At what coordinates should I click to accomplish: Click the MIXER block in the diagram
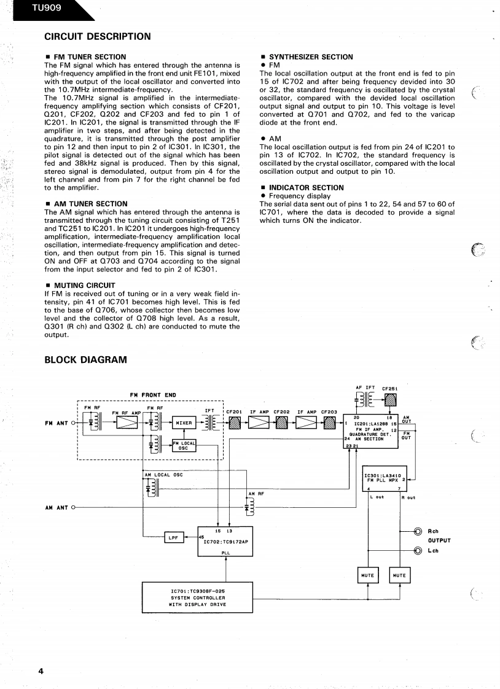(184, 423)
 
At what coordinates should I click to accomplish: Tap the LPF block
(173, 537)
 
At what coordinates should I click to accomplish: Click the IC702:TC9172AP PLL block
(225, 541)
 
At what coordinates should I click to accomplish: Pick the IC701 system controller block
(197, 597)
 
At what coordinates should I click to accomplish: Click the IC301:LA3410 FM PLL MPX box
(385, 479)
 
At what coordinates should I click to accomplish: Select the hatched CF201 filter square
(234, 423)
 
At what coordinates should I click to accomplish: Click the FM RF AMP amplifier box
(127, 423)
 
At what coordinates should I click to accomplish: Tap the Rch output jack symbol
(418, 532)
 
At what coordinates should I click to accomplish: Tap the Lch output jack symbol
(418, 550)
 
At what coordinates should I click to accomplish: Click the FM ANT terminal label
(57, 423)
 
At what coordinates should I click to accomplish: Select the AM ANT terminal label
(57, 508)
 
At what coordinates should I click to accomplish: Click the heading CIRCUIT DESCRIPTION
(98, 36)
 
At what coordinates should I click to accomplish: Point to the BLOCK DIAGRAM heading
(86, 360)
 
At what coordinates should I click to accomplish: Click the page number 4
(41, 671)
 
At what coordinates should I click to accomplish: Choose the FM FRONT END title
(153, 395)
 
